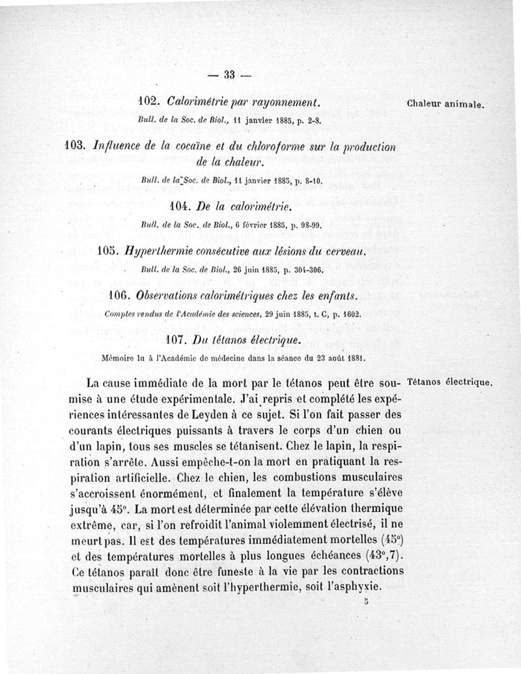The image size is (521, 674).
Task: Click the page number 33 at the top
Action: pos(229,74)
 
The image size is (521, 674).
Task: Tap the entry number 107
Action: pos(178,340)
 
